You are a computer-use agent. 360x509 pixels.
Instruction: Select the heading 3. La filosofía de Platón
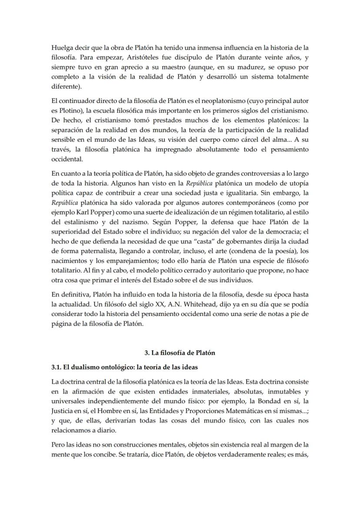click(x=180, y=353)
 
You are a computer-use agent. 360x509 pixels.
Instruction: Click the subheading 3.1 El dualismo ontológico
click(x=124, y=367)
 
